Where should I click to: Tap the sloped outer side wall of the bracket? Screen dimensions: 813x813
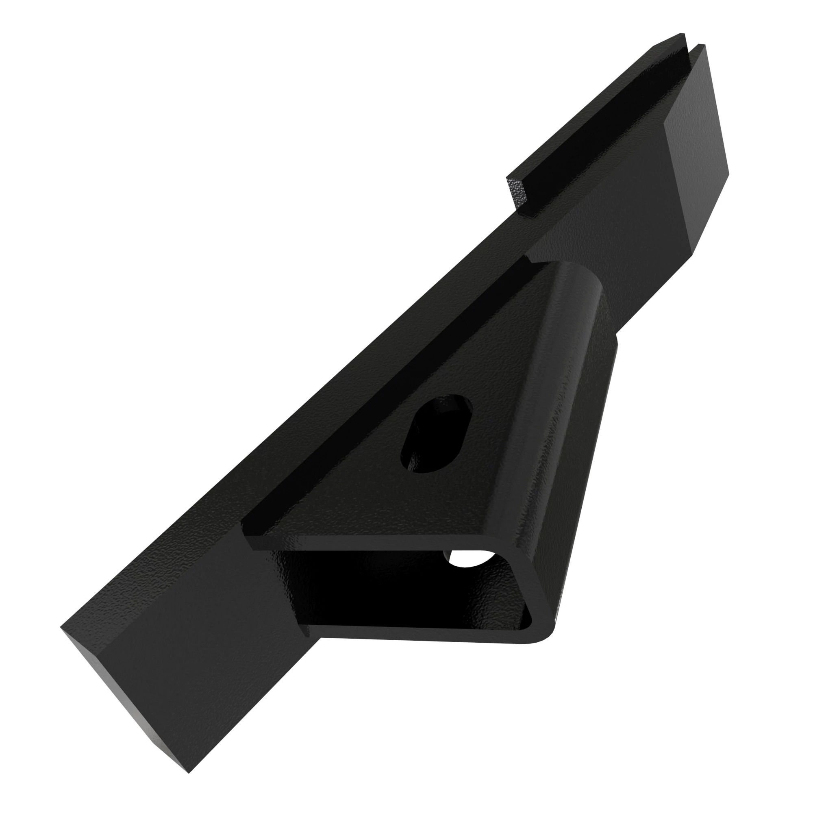pyautogui.click(x=581, y=463)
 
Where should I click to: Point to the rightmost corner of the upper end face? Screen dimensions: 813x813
pyautogui.click(x=728, y=172)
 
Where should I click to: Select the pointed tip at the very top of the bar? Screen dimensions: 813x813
pyautogui.click(x=681, y=34)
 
